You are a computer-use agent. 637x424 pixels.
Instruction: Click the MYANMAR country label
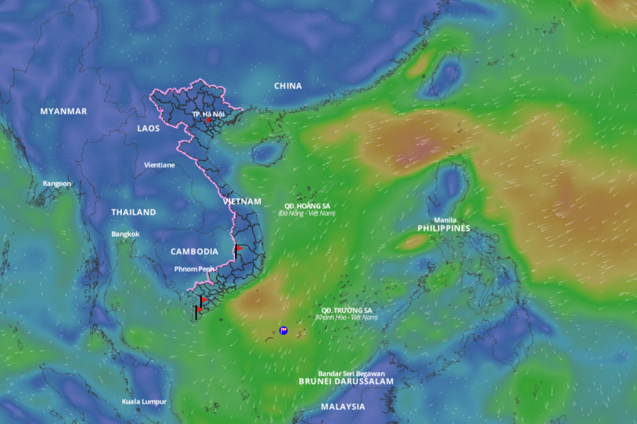(64, 111)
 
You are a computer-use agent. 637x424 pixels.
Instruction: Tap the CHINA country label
(288, 86)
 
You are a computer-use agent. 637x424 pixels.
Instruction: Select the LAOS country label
(148, 128)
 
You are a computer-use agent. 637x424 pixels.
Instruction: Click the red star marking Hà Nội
(208, 120)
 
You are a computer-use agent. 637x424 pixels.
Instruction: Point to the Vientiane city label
(159, 165)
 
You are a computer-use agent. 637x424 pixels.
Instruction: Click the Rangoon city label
(57, 183)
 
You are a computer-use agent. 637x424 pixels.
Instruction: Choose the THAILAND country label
(133, 212)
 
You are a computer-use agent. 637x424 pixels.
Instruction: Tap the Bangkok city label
(125, 234)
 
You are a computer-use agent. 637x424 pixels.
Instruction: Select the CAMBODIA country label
(194, 252)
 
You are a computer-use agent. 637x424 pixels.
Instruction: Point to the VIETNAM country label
(242, 201)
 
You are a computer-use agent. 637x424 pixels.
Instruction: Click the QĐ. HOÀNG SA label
(307, 206)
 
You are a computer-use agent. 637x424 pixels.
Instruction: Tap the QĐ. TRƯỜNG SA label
(346, 310)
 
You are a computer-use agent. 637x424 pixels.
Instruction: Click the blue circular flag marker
(284, 330)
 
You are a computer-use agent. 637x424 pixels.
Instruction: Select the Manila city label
(445, 220)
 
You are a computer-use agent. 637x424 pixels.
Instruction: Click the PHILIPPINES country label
(443, 228)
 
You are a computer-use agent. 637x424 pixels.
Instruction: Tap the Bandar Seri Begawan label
(351, 374)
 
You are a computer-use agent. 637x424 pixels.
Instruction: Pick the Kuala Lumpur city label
(144, 402)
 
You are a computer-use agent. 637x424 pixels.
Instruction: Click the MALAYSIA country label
(342, 407)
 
